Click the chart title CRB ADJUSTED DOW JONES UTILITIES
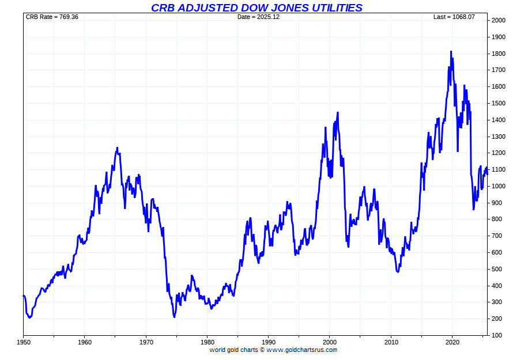point(256,7)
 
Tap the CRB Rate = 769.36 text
point(52,17)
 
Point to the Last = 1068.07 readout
point(454,17)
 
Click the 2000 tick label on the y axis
point(498,21)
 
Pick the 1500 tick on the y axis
point(498,104)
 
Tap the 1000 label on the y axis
point(498,187)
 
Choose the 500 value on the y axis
point(496,269)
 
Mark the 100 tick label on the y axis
point(496,335)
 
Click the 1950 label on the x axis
point(23,342)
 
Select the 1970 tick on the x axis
point(146,342)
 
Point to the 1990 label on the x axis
point(268,342)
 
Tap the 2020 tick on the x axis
point(452,342)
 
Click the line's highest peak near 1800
point(451,52)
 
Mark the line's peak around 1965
point(117,148)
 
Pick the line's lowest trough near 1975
point(174,317)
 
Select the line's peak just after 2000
point(337,113)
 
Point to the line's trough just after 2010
point(398,271)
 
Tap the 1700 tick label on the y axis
point(498,70)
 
